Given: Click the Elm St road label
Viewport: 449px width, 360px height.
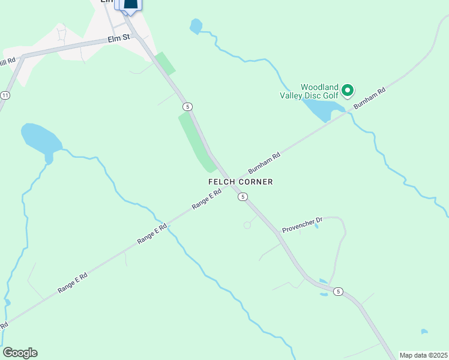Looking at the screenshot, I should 118,38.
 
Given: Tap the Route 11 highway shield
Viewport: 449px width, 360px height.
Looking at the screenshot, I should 5,95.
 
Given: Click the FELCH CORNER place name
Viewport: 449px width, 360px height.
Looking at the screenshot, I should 240,182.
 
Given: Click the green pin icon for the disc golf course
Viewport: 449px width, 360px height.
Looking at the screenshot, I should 347,91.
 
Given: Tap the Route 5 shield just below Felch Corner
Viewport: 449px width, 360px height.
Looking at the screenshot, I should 243,197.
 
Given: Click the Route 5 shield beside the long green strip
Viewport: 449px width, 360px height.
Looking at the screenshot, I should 188,106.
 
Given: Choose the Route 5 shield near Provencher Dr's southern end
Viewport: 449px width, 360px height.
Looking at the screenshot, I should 339,292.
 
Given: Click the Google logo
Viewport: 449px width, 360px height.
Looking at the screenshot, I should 20,353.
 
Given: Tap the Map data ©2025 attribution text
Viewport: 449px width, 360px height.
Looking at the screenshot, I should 424,355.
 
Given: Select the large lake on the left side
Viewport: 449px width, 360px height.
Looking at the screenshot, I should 41,139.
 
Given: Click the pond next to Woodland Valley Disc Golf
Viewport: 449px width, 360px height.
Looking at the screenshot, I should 322,109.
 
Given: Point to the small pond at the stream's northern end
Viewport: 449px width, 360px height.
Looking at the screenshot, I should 196,26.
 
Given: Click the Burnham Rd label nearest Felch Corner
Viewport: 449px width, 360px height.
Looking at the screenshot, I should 264,164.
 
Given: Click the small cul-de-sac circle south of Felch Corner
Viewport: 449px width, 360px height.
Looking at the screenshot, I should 247,225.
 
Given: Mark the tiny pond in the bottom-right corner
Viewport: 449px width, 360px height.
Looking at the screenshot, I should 424,331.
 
